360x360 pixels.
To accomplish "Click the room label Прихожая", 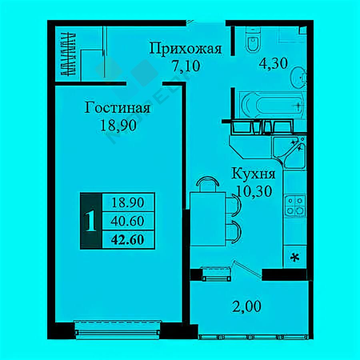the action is click(186, 49).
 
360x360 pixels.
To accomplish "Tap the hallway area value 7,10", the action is click(186, 66).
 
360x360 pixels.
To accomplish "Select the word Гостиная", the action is click(117, 108).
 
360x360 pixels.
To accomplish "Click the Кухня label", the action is click(253, 174).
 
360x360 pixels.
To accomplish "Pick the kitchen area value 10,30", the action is click(254, 191).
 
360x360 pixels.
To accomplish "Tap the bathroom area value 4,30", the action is click(273, 63).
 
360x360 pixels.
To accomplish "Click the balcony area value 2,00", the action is click(246, 306).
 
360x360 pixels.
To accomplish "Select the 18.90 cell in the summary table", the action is click(128, 202).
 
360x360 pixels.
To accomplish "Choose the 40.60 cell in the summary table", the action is click(128, 221).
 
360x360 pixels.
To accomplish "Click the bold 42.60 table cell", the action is click(128, 240).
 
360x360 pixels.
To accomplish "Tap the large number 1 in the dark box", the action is click(91, 221).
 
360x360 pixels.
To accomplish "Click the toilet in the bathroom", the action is click(253, 40).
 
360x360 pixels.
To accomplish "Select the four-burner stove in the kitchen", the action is click(295, 206).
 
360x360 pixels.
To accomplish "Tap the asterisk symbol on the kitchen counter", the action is click(295, 258).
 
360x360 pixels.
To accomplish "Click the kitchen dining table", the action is click(208, 219).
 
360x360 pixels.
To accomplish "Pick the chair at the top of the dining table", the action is click(208, 184).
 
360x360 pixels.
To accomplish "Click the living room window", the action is click(118, 330).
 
